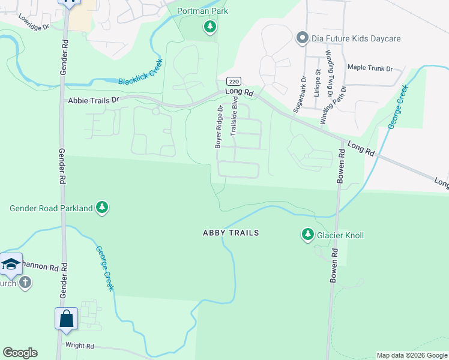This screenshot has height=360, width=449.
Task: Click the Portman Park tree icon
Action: (209, 26)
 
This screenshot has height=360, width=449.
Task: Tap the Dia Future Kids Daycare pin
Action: (303, 39)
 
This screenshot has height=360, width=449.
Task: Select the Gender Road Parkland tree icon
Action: (103, 208)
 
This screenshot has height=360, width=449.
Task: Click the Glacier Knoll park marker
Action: (308, 235)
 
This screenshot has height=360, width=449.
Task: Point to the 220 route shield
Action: (233, 81)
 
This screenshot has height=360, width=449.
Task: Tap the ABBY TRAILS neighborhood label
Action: (231, 233)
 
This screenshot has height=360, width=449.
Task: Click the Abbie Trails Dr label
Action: (94, 100)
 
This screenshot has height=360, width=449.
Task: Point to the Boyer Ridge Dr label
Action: (219, 127)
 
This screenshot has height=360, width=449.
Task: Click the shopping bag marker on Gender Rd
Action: (66, 319)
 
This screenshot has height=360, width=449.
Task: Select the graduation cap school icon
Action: (11, 264)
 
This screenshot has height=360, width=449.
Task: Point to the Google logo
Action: (20, 353)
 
